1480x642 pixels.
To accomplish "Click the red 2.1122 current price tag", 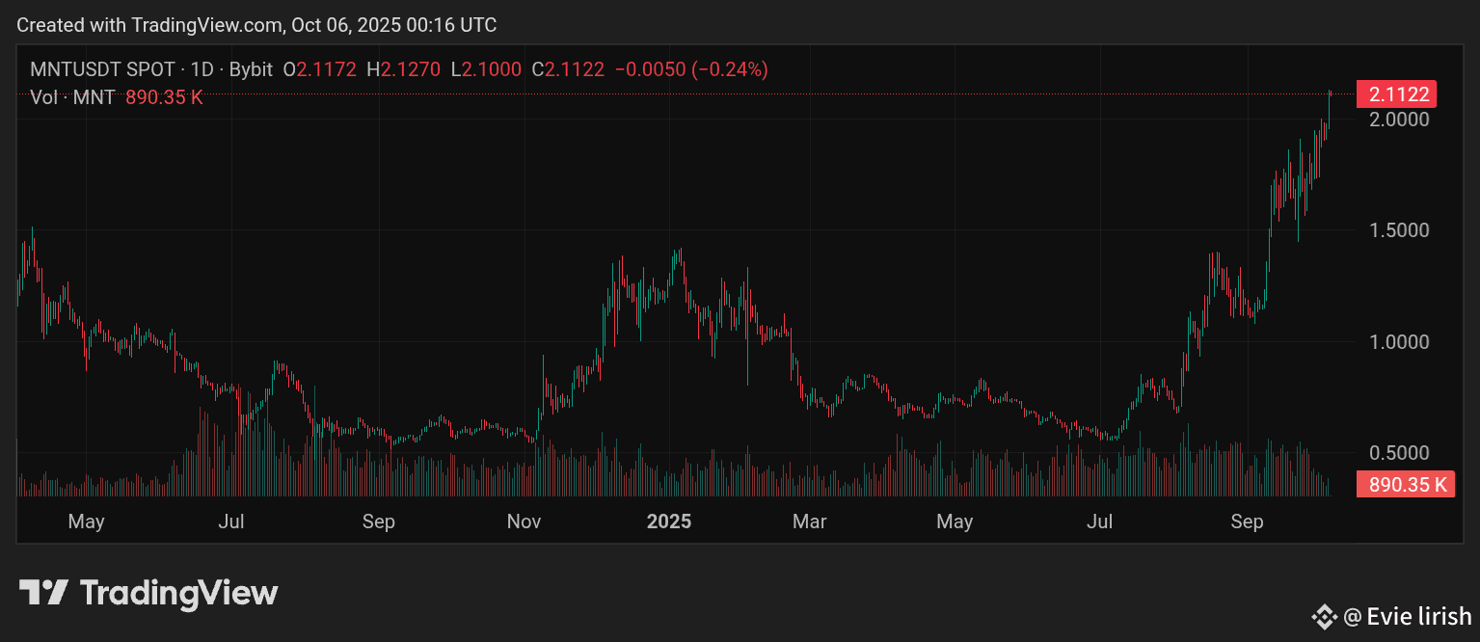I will coord(1396,94).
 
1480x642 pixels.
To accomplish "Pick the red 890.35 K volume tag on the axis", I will coord(1405,484).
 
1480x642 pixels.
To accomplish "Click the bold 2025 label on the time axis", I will coord(668,522).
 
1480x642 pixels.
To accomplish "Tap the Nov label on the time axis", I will coord(524,522).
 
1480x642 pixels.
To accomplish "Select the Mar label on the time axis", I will coord(809,522).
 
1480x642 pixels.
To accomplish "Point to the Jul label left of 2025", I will coord(231,522).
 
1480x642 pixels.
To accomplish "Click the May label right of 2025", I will coord(955,522).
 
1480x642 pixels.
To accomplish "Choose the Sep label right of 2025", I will coord(1247,522).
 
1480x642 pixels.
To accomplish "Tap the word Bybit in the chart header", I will coord(251,69).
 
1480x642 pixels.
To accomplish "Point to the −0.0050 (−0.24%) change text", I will coord(691,69).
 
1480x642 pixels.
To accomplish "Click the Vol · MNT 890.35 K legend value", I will coord(164,96).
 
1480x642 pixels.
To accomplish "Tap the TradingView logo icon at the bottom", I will coord(44,592).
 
